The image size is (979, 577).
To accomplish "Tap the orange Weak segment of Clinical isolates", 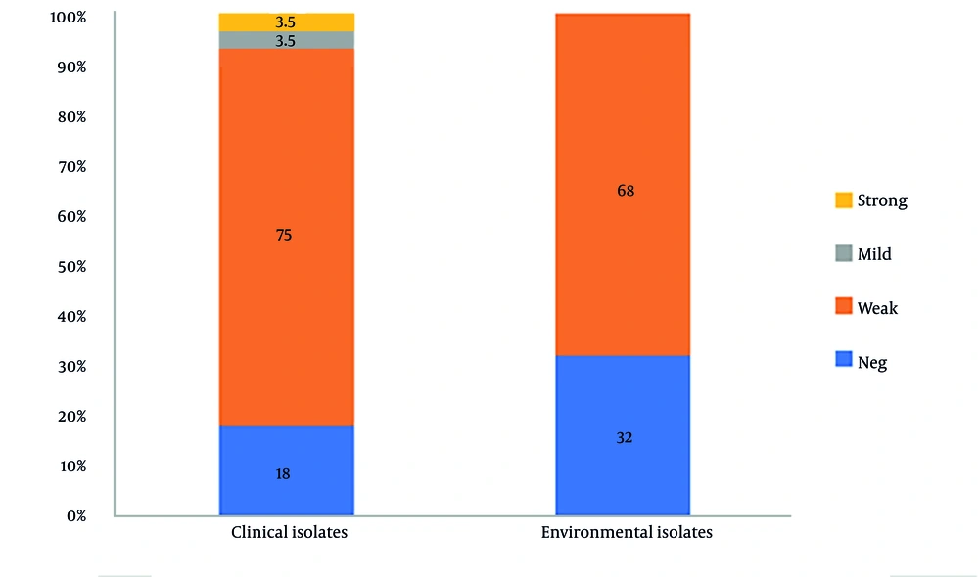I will (x=286, y=293).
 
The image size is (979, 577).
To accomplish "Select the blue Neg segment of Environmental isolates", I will (x=624, y=411).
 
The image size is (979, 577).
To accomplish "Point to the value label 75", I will (x=284, y=235).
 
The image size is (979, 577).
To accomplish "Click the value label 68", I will (x=625, y=191).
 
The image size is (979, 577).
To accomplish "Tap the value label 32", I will (x=625, y=437).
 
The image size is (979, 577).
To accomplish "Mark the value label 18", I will (x=284, y=473).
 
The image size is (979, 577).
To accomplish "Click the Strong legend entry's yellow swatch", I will (x=843, y=200).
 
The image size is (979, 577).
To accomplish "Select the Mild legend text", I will (x=874, y=254).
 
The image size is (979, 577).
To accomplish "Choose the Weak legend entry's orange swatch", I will (x=843, y=308).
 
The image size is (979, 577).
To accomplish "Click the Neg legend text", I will (x=871, y=362).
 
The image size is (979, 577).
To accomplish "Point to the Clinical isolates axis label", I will (x=289, y=533).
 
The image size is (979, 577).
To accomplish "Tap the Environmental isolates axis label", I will (x=627, y=533).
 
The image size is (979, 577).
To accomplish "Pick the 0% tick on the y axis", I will (x=75, y=515).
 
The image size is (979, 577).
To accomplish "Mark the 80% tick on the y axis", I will (x=70, y=117).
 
